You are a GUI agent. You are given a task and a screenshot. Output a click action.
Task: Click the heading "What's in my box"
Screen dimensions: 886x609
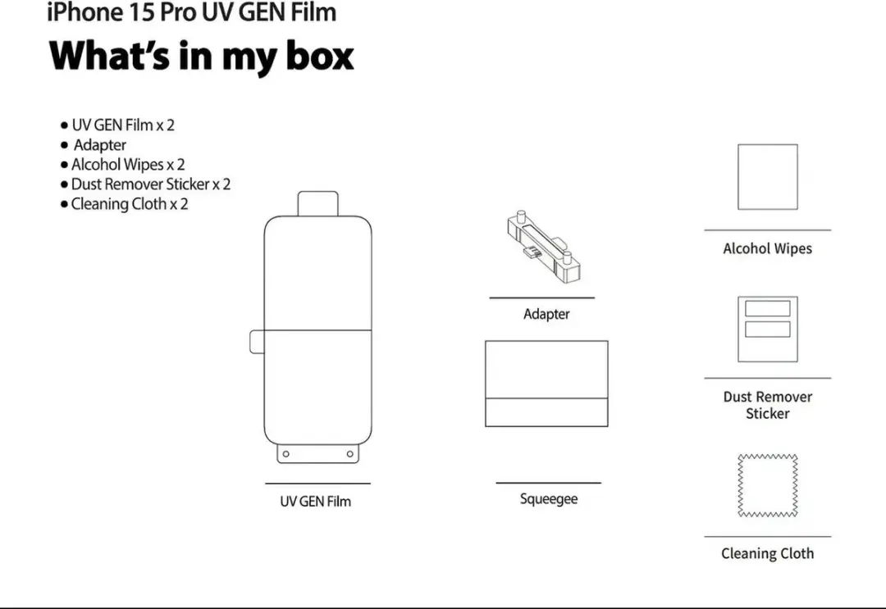(x=201, y=57)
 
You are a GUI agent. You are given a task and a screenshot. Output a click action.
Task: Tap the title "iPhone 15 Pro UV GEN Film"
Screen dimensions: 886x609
(x=191, y=12)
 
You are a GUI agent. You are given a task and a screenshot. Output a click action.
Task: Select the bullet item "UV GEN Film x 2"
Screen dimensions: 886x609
(x=122, y=125)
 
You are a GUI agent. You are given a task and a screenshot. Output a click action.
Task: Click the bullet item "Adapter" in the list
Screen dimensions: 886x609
(x=99, y=145)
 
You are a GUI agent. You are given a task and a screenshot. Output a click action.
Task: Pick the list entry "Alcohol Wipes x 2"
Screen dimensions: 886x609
(x=128, y=164)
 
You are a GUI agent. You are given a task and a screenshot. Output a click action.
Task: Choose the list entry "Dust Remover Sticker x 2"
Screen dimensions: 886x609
(x=151, y=184)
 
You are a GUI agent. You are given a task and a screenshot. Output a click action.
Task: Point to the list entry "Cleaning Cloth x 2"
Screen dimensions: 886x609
(x=130, y=204)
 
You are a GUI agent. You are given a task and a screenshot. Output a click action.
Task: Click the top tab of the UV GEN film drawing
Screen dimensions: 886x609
(x=318, y=204)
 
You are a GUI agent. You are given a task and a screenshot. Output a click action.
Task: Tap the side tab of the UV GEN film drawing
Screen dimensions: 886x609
(x=257, y=342)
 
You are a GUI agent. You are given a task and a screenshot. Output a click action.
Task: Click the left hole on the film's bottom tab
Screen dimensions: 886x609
(x=286, y=454)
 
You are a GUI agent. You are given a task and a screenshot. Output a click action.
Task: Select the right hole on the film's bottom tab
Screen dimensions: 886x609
(x=349, y=454)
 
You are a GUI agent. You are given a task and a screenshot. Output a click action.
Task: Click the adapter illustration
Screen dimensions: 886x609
(x=544, y=247)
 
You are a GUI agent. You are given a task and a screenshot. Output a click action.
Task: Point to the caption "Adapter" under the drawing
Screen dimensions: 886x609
(x=546, y=314)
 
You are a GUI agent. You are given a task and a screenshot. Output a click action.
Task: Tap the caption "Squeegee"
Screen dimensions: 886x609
(x=549, y=499)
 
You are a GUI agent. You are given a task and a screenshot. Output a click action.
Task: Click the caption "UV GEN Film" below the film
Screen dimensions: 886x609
(x=315, y=501)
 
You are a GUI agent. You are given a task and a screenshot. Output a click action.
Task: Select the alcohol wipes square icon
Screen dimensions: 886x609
(x=767, y=177)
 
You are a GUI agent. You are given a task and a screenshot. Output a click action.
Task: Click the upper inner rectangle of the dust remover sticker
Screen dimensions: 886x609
(x=767, y=308)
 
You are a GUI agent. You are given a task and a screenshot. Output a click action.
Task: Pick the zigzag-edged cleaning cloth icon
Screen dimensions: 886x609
(x=767, y=485)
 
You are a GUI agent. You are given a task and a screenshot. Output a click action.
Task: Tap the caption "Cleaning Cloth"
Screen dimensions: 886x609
(x=767, y=553)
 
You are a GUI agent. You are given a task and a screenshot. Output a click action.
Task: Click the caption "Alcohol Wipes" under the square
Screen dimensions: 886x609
(x=767, y=248)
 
